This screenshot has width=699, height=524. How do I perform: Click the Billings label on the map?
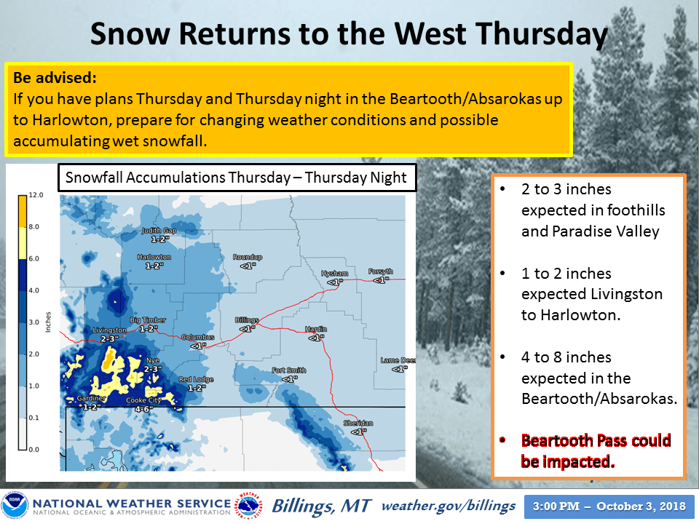246,320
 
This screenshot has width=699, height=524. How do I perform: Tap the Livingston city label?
110,330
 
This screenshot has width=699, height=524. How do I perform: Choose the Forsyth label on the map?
380,271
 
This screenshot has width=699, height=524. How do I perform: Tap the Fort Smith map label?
289,370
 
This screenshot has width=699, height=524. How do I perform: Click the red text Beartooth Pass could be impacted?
596,450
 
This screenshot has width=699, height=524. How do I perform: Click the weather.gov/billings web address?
448,505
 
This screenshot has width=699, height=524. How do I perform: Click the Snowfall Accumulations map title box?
237,178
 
